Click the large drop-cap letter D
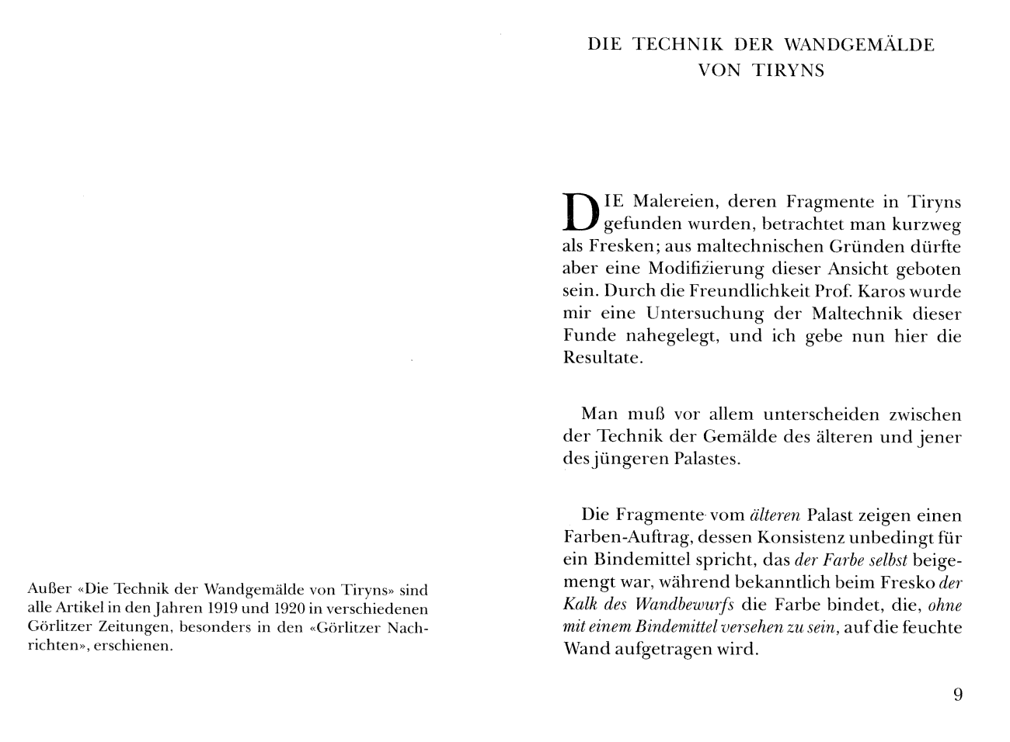coord(580,212)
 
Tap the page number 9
coord(957,694)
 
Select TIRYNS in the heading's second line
coord(789,71)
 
